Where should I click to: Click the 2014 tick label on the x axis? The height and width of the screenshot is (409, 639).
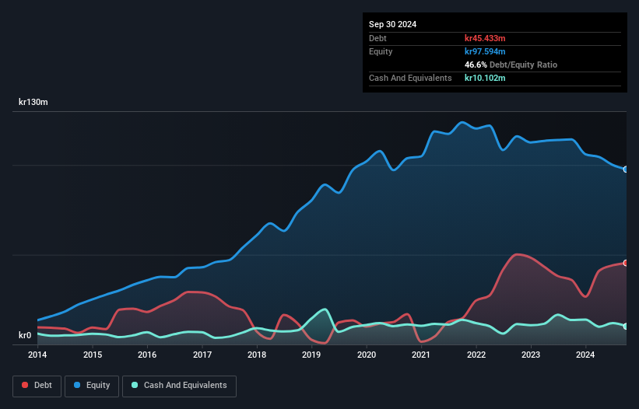point(37,355)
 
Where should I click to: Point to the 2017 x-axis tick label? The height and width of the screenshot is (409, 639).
point(202,355)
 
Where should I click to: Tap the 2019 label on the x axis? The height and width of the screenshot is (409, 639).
point(311,355)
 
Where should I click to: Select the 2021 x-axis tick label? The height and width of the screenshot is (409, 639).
point(421,355)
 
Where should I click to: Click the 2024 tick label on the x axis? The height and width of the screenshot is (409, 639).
point(585,355)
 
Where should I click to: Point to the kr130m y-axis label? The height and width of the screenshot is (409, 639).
point(33,103)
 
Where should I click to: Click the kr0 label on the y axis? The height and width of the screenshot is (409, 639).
point(25,336)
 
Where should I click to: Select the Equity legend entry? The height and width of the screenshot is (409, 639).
point(91,386)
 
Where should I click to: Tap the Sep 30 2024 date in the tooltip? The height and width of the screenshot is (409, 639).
point(392,24)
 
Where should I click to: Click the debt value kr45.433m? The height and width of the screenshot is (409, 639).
point(486,38)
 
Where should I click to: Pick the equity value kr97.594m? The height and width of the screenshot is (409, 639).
point(486,51)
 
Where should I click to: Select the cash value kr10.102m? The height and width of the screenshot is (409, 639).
point(486,78)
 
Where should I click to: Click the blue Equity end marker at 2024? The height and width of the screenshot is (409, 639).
point(626,169)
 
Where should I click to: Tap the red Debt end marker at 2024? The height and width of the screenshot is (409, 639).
point(626,263)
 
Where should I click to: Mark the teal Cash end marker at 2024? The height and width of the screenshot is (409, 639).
point(626,326)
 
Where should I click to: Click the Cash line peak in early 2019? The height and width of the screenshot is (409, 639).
point(325,309)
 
